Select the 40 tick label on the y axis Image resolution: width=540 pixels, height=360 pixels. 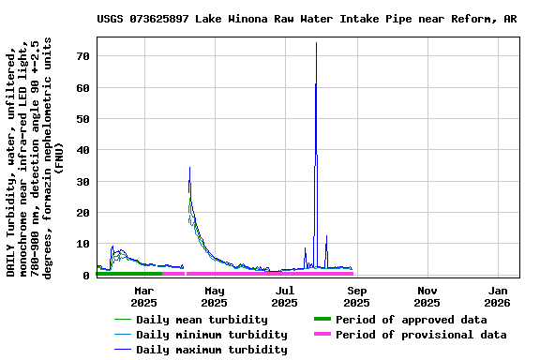click(82, 150)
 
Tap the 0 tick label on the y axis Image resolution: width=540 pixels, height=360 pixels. click(86, 275)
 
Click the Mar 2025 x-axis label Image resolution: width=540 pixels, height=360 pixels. click(143, 296)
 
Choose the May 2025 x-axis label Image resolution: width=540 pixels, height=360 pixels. click(214, 296)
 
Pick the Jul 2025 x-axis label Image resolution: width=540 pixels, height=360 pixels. click(285, 296)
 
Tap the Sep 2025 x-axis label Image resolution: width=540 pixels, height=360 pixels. click(356, 296)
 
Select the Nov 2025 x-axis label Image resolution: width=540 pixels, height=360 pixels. click(427, 296)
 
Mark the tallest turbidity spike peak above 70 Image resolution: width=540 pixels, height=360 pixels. click(316, 43)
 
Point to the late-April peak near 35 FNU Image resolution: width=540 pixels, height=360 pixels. click(189, 168)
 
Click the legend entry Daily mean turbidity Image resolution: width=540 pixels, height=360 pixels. click(202, 320)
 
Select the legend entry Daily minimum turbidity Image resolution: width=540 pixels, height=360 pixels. click(211, 335)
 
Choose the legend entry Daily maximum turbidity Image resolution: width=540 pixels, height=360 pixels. click(211, 350)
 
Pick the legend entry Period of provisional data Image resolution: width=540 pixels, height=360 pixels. click(421, 335)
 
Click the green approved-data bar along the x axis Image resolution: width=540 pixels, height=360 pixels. click(129, 274)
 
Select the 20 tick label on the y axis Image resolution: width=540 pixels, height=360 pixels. click(82, 213)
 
